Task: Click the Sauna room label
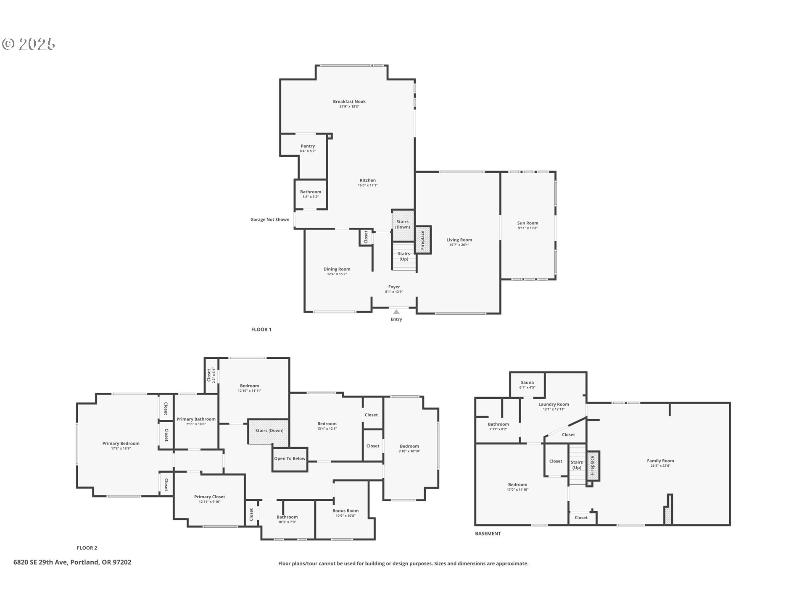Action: (x=527, y=382)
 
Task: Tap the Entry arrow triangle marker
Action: (x=396, y=312)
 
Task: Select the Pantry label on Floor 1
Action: (x=308, y=146)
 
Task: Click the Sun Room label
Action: (x=527, y=223)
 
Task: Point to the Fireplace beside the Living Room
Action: (x=423, y=240)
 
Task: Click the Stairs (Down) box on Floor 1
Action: (x=403, y=224)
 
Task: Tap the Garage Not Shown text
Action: (x=270, y=219)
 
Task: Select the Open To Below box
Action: (x=290, y=458)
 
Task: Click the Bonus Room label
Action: (x=345, y=511)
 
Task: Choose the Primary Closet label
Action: (x=209, y=497)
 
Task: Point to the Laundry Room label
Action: (x=554, y=404)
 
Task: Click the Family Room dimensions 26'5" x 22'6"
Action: (x=660, y=466)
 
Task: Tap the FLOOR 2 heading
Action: (x=87, y=548)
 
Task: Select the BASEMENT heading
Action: (x=488, y=534)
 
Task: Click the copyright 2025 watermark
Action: (x=29, y=44)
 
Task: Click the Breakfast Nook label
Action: (x=349, y=101)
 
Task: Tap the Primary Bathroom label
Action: (x=196, y=419)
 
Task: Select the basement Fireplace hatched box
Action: (x=593, y=466)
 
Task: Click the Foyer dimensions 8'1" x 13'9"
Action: (x=394, y=292)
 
